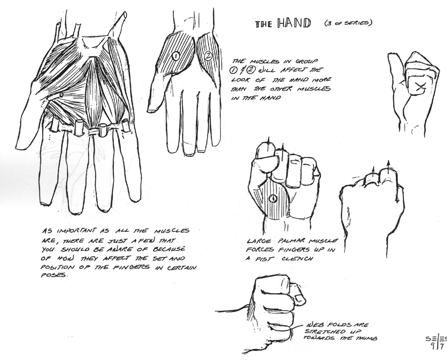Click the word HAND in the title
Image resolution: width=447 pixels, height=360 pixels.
(294, 23)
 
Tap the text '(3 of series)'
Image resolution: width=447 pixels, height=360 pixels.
(348, 23)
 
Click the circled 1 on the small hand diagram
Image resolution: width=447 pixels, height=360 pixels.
(175, 56)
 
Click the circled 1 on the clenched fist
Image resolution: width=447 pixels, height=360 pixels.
(273, 198)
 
